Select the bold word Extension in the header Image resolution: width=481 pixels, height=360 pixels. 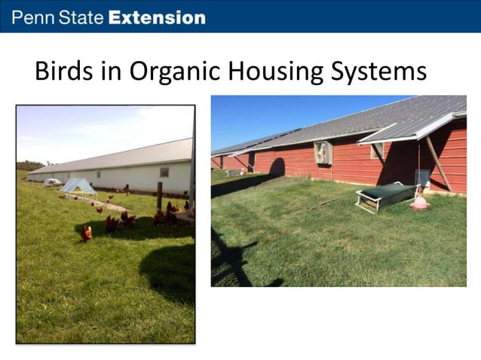coord(157,17)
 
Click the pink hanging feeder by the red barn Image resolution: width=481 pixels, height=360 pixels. coord(419,203)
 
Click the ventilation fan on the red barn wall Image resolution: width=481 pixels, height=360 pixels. coord(323,151)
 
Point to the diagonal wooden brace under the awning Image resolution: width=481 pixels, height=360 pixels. coord(437,162)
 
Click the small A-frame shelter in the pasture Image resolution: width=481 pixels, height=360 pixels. coord(78,186)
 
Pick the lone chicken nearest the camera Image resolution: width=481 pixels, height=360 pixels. coord(87,233)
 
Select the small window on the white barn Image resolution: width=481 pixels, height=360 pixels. coord(164,172)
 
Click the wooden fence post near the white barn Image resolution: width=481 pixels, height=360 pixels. coord(160,195)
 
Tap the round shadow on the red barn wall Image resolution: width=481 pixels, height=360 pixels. coord(277,167)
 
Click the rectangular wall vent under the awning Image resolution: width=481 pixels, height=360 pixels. coord(376,151)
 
